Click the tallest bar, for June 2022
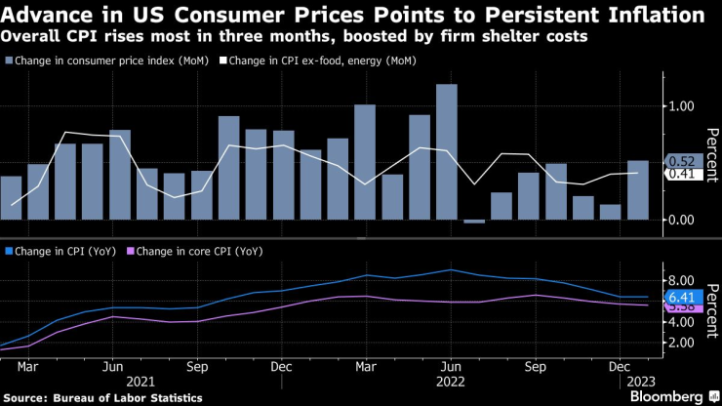click(x=447, y=152)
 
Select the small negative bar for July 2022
click(x=474, y=222)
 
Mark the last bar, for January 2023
click(x=638, y=190)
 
